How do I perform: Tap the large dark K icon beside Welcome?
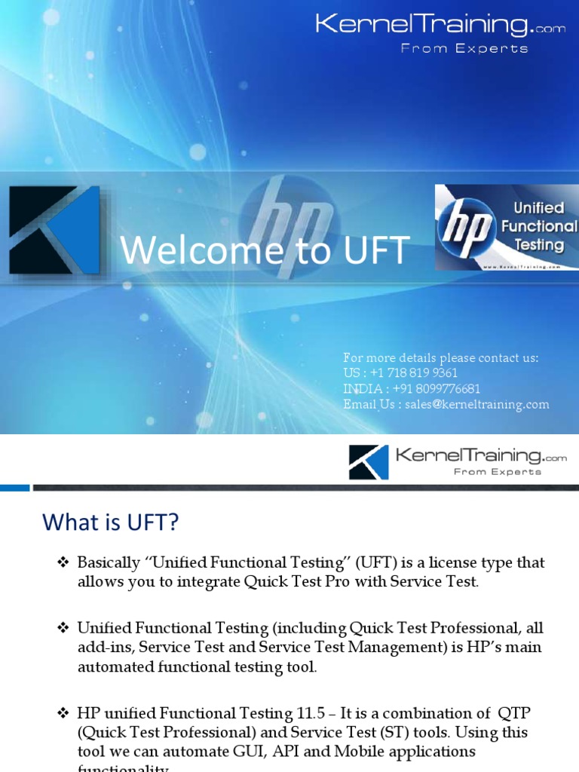click(54, 230)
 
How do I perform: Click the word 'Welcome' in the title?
click(197, 250)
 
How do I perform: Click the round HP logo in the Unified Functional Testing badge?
click(465, 227)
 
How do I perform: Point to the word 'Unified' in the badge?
click(538, 208)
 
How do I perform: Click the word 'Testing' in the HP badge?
click(538, 244)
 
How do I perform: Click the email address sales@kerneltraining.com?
click(476, 405)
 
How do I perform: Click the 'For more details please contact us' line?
click(441, 358)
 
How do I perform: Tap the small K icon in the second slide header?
click(369, 462)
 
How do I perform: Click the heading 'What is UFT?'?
click(111, 522)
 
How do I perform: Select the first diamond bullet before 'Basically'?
click(63, 562)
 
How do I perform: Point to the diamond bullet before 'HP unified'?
click(63, 712)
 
